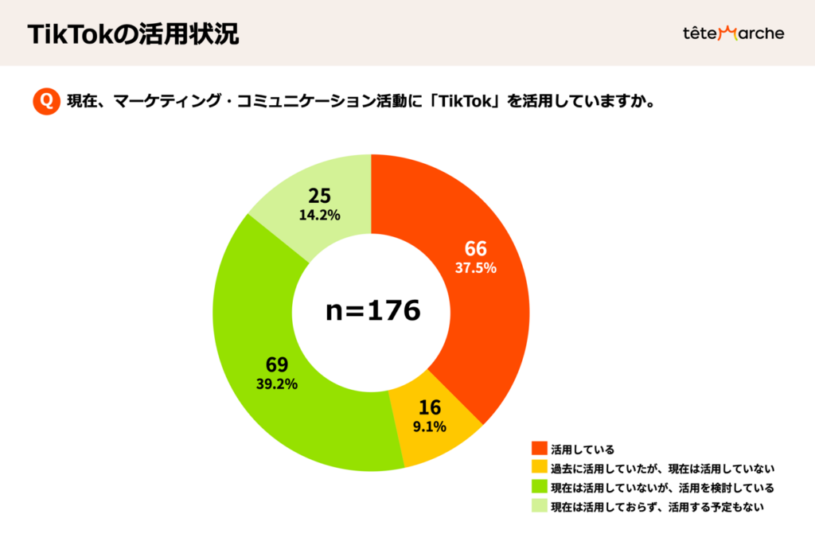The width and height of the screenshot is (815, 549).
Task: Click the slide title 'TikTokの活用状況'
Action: pos(133,34)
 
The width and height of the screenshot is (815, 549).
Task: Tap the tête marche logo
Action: pos(733,33)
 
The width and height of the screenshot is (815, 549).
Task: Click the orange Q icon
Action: pos(46,101)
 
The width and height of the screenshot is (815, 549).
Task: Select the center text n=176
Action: pos(372,311)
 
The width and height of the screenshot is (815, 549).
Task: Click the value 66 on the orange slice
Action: pos(476,248)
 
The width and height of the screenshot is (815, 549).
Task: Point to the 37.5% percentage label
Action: pos(476,268)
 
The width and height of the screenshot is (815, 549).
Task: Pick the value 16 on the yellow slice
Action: pos(429,408)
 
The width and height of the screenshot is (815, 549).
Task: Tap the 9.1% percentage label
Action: pos(429,426)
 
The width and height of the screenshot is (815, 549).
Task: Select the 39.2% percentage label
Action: pos(276,384)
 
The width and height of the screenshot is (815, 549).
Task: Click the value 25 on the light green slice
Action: pos(320,196)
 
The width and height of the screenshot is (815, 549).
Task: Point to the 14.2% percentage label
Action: pos(320,215)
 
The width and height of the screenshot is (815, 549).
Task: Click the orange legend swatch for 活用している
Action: pos(539,449)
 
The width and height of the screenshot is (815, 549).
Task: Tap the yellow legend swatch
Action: pos(539,468)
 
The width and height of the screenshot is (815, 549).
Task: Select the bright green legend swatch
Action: pos(539,487)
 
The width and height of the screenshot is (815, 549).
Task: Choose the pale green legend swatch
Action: pos(539,507)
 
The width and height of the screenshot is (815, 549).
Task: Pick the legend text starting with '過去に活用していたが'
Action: pos(662,468)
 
